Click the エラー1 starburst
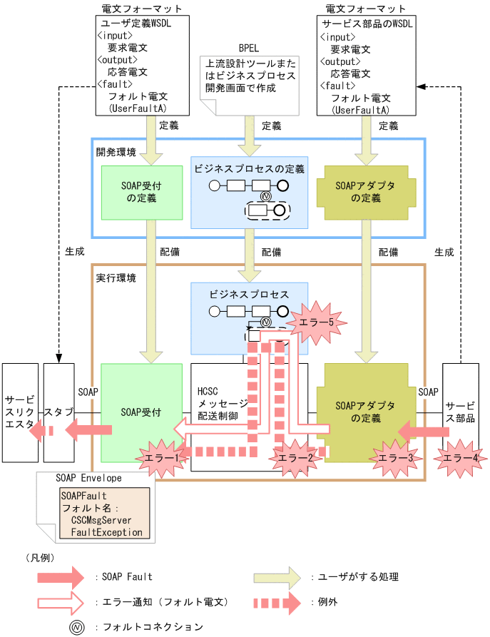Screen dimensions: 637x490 pyautogui.click(x=160, y=456)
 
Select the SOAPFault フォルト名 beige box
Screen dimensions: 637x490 pyautogui.click(x=105, y=511)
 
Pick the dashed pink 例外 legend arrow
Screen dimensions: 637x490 pyautogui.click(x=277, y=602)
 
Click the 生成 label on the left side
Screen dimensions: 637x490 pyautogui.click(x=74, y=252)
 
